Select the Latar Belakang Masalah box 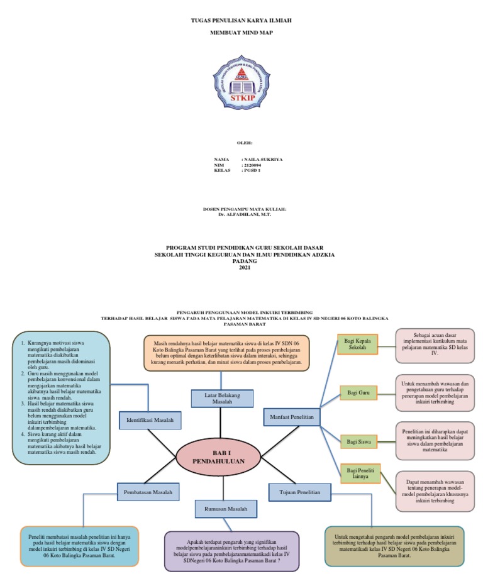[222, 397]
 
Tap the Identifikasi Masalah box [150, 419]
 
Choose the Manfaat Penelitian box [292, 417]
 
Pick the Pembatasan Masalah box [148, 491]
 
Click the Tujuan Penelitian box [299, 491]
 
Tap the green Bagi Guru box [357, 393]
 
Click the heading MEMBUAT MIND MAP [241, 31]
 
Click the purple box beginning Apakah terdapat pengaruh [231, 551]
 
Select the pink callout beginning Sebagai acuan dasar [435, 345]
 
